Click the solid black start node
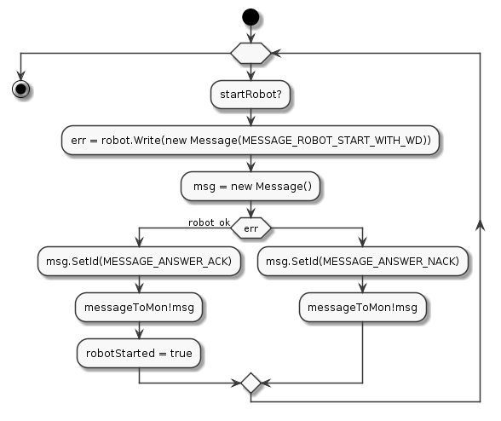pos(250,17)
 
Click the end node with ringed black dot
pos(20,89)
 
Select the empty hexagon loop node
pos(250,53)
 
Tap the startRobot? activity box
pos(250,95)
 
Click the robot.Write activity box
pos(250,141)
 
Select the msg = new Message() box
pos(250,187)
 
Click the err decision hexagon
pos(250,228)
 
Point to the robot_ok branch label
pos(209,222)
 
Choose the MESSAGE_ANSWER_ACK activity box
pos(139,261)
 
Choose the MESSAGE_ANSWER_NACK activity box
pos(363,261)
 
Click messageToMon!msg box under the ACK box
pos(139,307)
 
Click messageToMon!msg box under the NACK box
pos(363,307)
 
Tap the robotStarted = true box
pos(139,353)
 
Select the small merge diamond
pos(250,383)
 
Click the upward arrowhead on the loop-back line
pos(480,225)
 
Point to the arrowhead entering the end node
pos(20,76)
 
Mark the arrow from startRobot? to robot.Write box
pos(250,117)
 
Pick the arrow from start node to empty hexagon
pos(250,34)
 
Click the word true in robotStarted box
pos(181,353)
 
